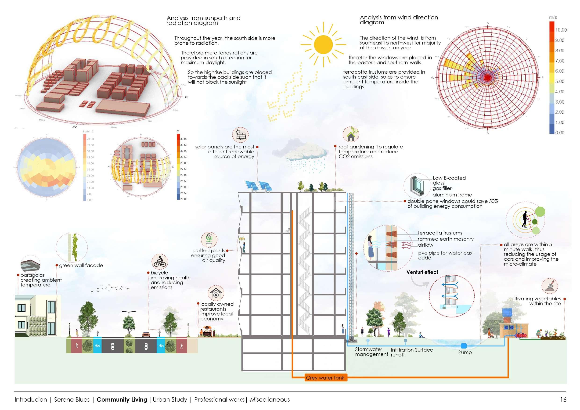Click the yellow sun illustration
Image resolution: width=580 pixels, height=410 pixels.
click(x=323, y=45)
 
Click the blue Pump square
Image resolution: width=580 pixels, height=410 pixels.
click(x=464, y=346)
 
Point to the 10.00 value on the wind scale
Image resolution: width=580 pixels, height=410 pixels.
click(x=561, y=30)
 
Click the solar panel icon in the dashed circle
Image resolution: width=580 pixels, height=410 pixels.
click(x=240, y=135)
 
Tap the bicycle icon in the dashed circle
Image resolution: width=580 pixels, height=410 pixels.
click(x=160, y=262)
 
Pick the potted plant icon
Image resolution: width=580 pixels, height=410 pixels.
click(x=209, y=240)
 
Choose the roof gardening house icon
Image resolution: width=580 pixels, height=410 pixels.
click(x=351, y=134)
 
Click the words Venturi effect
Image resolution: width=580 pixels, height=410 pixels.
click(x=422, y=272)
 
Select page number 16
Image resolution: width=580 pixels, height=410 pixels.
click(x=563, y=399)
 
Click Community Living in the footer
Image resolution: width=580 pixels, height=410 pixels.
click(x=122, y=399)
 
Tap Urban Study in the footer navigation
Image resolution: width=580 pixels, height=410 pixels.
click(x=170, y=399)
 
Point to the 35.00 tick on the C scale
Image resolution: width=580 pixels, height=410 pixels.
click(x=184, y=139)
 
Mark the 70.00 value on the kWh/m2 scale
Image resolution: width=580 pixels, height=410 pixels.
click(x=90, y=139)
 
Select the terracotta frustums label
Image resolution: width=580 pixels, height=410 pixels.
click(x=440, y=233)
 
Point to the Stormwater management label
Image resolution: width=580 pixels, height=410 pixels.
click(x=371, y=352)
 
